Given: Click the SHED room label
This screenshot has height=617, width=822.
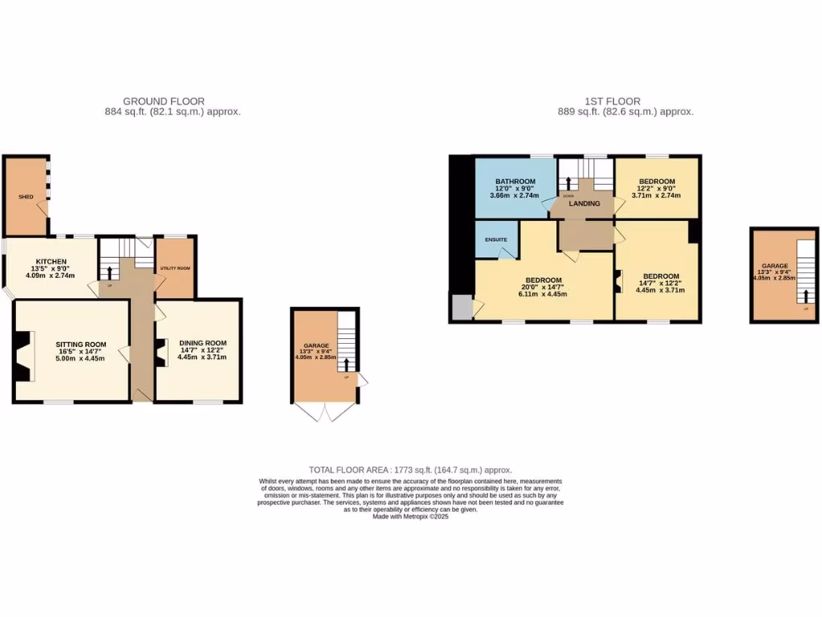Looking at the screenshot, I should click(x=26, y=196).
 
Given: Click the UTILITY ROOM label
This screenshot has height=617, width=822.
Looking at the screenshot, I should click(x=174, y=268).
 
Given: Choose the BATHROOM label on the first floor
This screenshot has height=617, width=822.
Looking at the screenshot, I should click(x=515, y=182).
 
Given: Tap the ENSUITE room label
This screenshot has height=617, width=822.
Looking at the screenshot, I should click(x=495, y=239).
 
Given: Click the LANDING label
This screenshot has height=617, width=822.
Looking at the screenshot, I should click(x=584, y=203).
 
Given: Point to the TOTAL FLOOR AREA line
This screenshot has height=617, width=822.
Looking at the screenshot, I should click(x=410, y=470).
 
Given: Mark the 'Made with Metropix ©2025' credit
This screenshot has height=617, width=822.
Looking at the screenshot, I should click(x=410, y=517).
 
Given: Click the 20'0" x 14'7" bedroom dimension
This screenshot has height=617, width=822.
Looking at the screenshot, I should click(x=544, y=287).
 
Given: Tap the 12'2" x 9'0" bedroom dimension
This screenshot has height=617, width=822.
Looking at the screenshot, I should click(x=656, y=189).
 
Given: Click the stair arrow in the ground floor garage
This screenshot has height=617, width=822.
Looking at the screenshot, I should click(x=347, y=364).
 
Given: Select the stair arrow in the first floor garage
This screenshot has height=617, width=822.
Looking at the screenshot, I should click(x=804, y=296).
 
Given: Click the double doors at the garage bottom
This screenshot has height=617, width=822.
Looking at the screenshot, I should click(x=325, y=411).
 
